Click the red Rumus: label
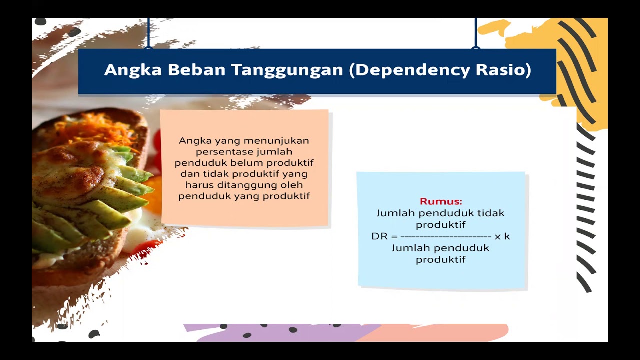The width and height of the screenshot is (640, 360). pyautogui.click(x=441, y=201)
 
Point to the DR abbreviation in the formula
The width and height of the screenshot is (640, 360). pyautogui.click(x=378, y=236)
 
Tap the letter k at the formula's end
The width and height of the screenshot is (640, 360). pyautogui.click(x=507, y=236)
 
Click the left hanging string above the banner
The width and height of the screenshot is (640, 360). pyautogui.click(x=148, y=33)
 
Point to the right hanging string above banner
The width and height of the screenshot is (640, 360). pyautogui.click(x=475, y=33)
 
